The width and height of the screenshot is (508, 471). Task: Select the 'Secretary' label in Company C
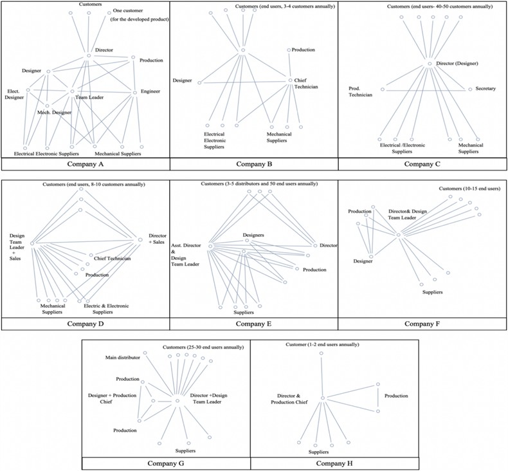485,88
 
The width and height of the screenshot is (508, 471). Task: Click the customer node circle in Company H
322,353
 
